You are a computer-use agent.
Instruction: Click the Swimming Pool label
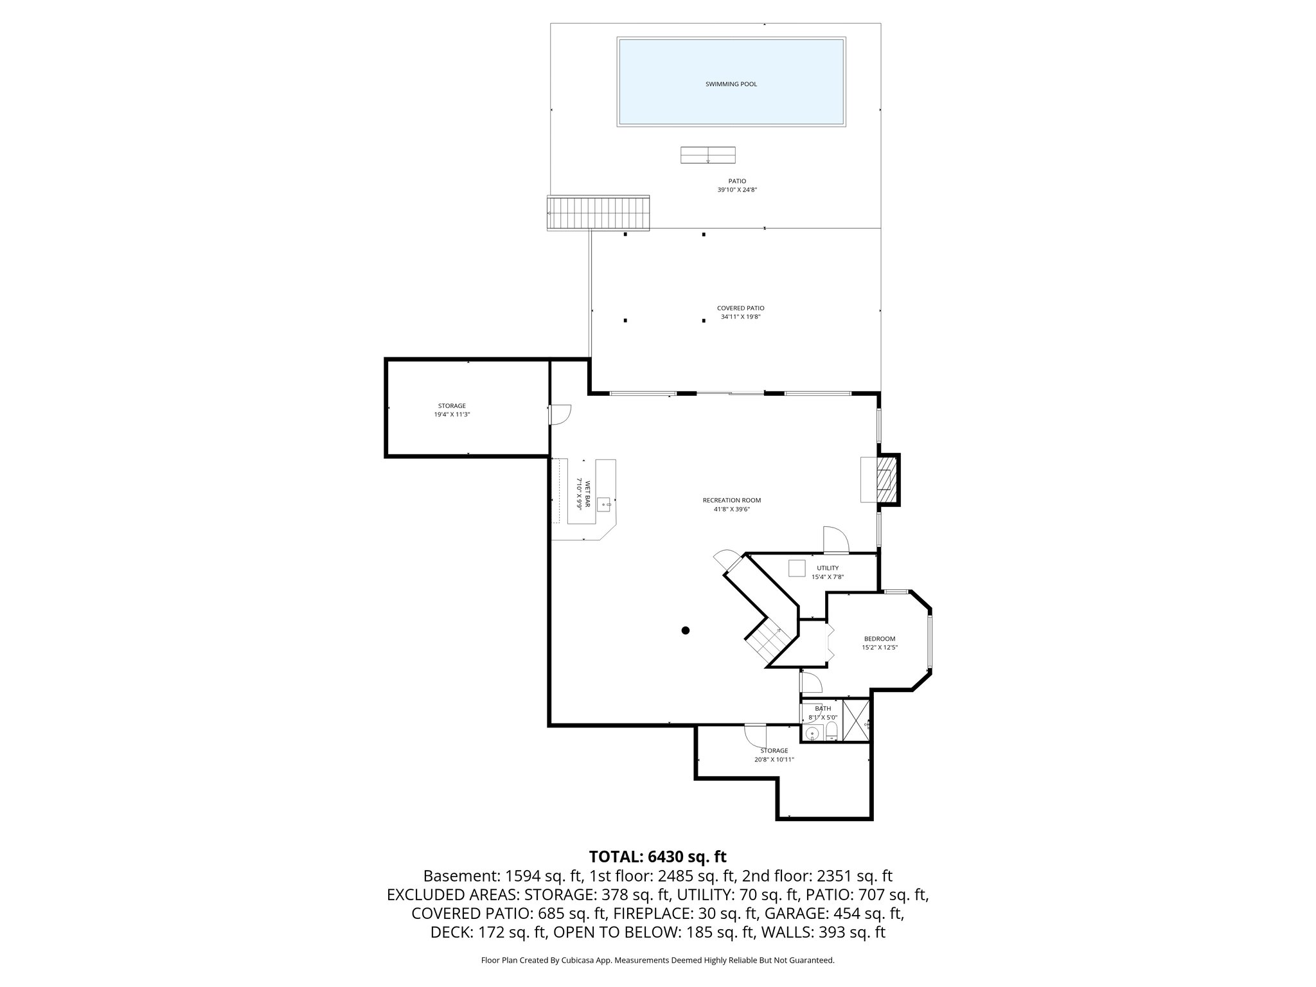[x=731, y=84]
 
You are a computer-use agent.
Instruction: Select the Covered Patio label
[x=740, y=308]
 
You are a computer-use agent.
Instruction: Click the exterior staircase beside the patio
[x=598, y=213]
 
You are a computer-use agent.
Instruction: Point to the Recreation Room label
[x=731, y=501]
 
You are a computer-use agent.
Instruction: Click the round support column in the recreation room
[x=686, y=630]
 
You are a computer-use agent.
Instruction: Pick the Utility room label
[x=827, y=568]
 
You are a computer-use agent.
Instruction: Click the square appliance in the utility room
[x=797, y=568]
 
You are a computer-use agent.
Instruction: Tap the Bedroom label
[x=879, y=639]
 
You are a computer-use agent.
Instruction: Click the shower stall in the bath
[x=856, y=723]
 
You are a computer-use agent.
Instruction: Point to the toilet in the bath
[x=831, y=730]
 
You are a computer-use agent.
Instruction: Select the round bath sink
[x=812, y=732]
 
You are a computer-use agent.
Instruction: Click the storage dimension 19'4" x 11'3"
[x=452, y=415]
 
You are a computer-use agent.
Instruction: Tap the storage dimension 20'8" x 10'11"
[x=774, y=760]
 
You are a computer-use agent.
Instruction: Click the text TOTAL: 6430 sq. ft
[x=657, y=857]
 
